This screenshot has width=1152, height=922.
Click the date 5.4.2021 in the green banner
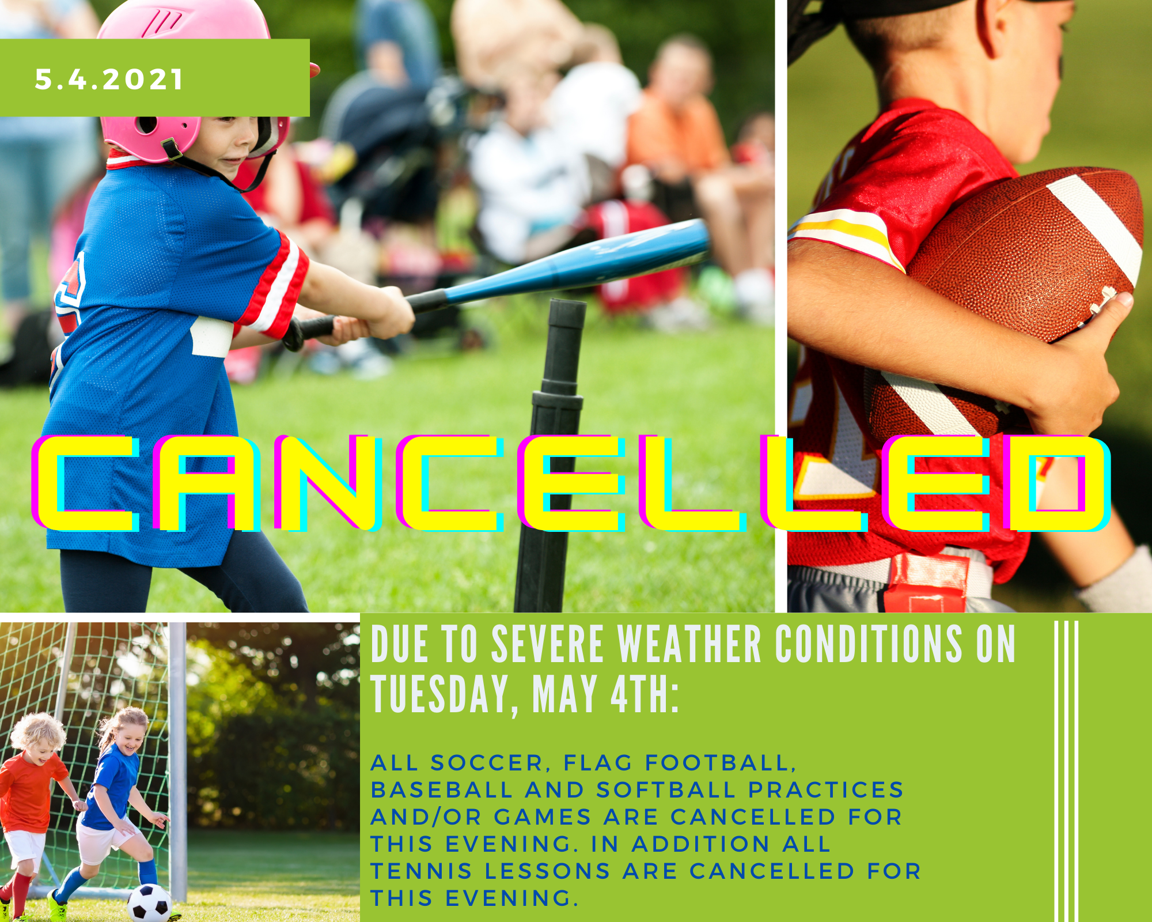[109, 80]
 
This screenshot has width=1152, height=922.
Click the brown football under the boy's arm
[1025, 259]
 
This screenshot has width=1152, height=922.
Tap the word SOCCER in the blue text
[487, 763]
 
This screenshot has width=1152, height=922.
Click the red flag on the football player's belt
[927, 582]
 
